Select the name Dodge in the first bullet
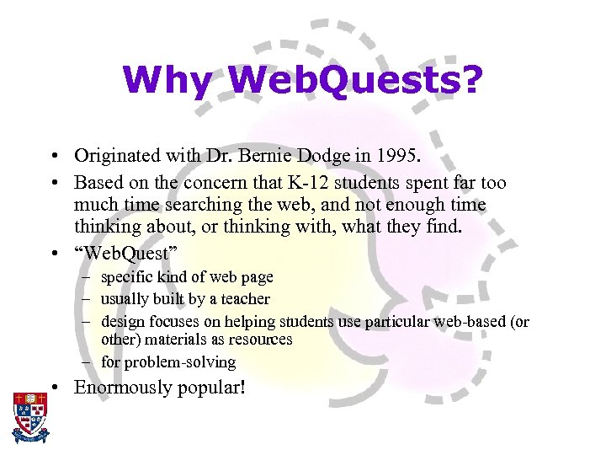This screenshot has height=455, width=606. [x=287, y=156]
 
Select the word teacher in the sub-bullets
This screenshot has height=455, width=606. [x=246, y=299]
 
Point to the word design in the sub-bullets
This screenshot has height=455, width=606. [x=123, y=321]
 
